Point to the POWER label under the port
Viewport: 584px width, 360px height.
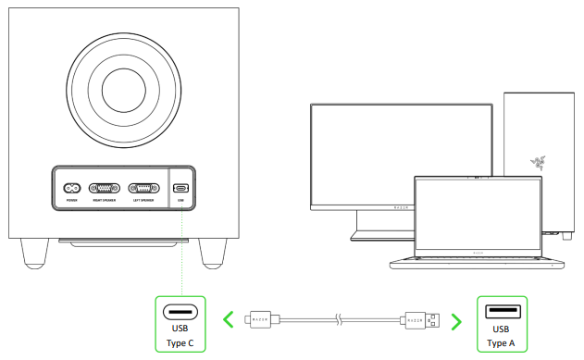[x=71, y=198]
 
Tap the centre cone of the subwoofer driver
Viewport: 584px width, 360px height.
[x=123, y=90]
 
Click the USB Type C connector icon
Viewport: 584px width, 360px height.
[x=181, y=312]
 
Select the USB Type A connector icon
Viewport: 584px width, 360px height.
[x=500, y=312]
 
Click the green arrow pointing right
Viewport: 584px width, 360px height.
[x=455, y=321]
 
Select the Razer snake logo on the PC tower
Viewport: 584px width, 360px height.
[x=537, y=164]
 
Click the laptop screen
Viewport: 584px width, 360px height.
[x=475, y=212]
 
